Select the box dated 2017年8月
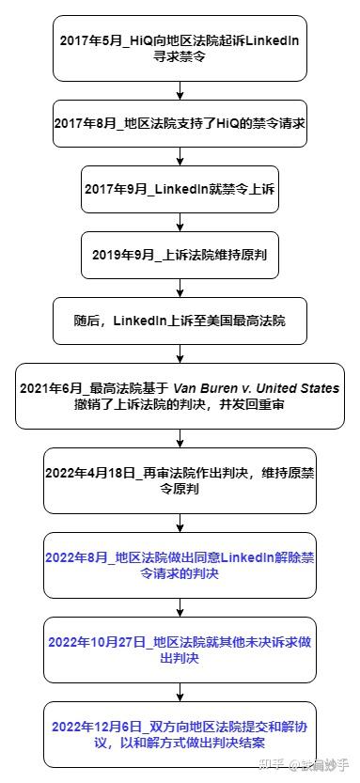[x=180, y=124]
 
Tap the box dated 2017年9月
[x=180, y=189]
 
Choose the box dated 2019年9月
[x=180, y=255]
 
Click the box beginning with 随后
[x=180, y=321]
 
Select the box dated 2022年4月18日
[x=180, y=480]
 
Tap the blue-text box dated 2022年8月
[x=180, y=566]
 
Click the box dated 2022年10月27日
[x=180, y=650]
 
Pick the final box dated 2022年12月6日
[x=180, y=734]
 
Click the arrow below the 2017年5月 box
[x=180, y=90]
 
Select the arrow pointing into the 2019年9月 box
[x=180, y=222]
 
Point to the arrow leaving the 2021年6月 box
[x=180, y=436]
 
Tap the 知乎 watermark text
[x=272, y=766]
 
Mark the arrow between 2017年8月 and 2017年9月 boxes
[x=180, y=156]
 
